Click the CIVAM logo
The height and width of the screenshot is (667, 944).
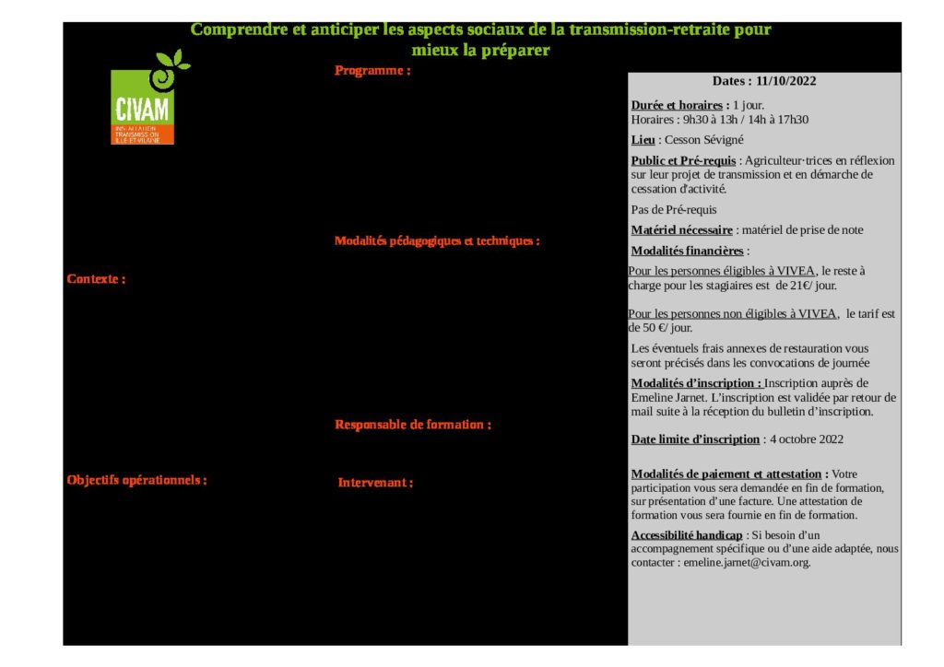pyautogui.click(x=142, y=107)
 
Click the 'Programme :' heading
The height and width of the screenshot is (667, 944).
pyautogui.click(x=372, y=71)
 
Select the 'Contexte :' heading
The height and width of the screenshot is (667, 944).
pyautogui.click(x=96, y=279)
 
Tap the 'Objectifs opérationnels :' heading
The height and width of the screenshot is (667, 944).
pyautogui.click(x=136, y=480)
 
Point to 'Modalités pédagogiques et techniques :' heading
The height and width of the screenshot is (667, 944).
pyautogui.click(x=436, y=241)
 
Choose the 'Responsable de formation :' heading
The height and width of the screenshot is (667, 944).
pyautogui.click(x=412, y=425)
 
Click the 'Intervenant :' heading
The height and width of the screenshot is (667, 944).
pyautogui.click(x=375, y=483)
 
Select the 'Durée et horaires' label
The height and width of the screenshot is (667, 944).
pyautogui.click(x=680, y=105)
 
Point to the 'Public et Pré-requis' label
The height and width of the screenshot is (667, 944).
pyautogui.click(x=683, y=160)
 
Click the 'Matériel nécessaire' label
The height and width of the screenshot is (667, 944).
pyautogui.click(x=681, y=230)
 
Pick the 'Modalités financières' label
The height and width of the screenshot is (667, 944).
pyautogui.click(x=687, y=251)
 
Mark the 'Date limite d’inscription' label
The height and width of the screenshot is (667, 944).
pyautogui.click(x=695, y=439)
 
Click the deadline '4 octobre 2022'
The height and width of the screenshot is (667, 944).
pyautogui.click(x=807, y=439)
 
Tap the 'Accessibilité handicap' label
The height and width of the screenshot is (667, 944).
pyautogui.click(x=686, y=535)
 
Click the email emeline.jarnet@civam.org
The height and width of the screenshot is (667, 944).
pyautogui.click(x=747, y=562)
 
